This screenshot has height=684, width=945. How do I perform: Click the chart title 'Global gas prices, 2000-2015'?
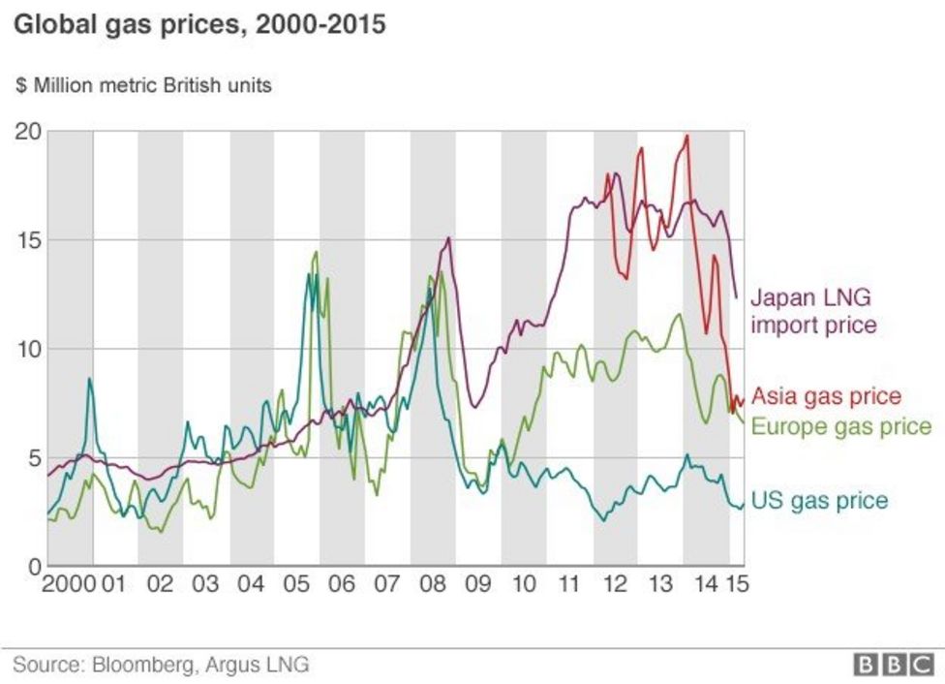click(x=199, y=24)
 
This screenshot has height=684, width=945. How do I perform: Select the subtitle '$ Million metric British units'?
click(x=143, y=85)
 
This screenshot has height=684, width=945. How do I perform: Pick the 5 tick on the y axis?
click(x=32, y=457)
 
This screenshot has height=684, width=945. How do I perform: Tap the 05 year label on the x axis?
click(x=295, y=585)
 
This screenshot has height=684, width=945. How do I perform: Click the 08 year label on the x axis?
click(x=432, y=585)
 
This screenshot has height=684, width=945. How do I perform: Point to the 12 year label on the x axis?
click(x=615, y=585)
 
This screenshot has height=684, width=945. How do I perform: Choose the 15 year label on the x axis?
click(x=738, y=585)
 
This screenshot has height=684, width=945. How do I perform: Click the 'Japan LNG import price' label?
click(x=814, y=310)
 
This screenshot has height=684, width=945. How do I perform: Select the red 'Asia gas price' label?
click(x=827, y=396)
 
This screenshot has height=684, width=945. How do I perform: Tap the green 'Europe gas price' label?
click(x=841, y=426)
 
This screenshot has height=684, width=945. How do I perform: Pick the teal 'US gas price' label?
click(x=819, y=500)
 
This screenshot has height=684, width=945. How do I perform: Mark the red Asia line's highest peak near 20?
click(x=686, y=137)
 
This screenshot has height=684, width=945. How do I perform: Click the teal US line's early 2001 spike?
click(x=89, y=380)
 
